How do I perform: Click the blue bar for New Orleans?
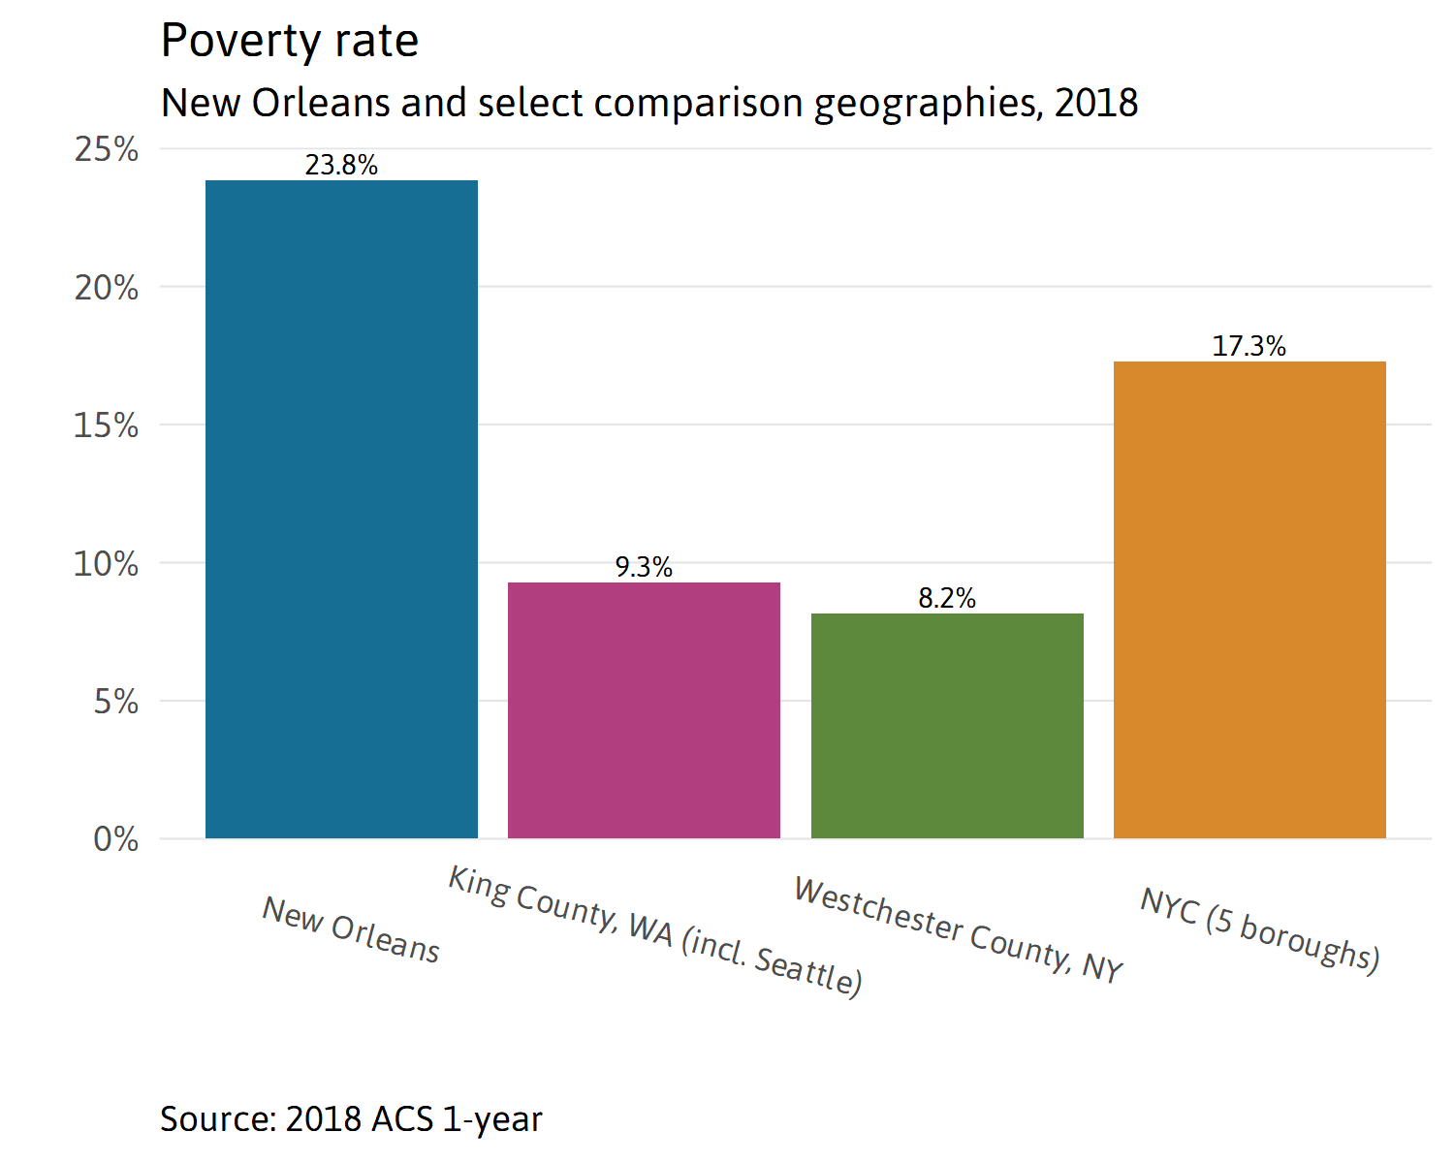[341, 509]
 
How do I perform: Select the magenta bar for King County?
[644, 709]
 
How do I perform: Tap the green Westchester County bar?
[947, 725]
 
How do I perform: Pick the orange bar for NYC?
[1249, 599]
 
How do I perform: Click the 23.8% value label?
[341, 166]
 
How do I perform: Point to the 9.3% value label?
[644, 567]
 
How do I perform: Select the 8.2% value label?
[947, 598]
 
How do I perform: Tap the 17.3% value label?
[1249, 346]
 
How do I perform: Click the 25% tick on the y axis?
[106, 149]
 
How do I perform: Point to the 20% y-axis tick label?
[106, 288]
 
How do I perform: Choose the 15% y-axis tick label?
[106, 425]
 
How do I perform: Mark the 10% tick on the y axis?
[106, 564]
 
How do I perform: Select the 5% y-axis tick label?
[115, 702]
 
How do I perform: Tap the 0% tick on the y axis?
[115, 839]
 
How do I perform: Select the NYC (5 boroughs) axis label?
[1260, 929]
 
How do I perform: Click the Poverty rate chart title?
[289, 41]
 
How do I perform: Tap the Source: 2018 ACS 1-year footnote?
[351, 1118]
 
